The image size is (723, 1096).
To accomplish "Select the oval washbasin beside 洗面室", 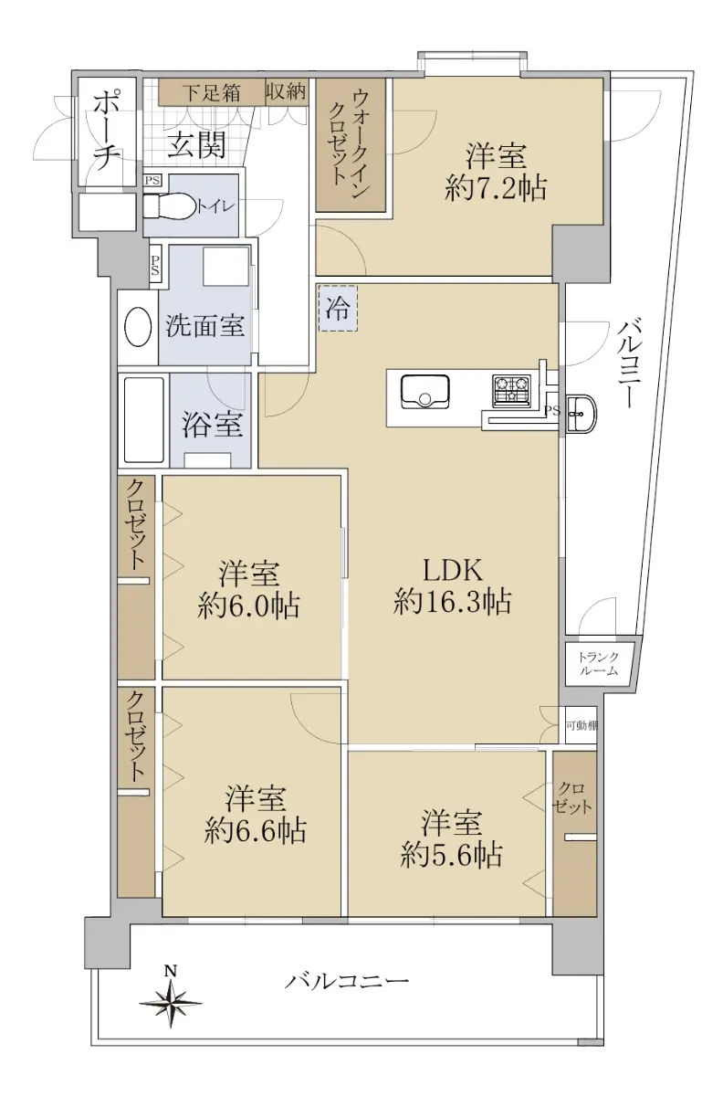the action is pos(138,327).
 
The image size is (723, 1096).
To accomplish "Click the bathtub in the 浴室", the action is pos(144,420).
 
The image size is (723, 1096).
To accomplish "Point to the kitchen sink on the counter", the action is pos(424,392).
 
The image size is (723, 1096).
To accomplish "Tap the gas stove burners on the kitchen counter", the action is pos(511,391).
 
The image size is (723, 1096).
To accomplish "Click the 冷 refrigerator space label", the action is pos(338,309).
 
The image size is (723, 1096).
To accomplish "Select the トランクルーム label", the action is pos(598,664).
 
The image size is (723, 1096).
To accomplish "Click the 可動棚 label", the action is pos(582,725).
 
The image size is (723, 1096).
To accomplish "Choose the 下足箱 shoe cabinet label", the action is pos(213,92).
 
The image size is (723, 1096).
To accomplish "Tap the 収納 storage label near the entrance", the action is pos(287,91).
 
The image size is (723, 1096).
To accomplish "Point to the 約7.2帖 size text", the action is pos(496,187).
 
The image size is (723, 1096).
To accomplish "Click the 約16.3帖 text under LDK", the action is pos(453,601).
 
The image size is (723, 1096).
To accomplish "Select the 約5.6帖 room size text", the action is pos(451,855).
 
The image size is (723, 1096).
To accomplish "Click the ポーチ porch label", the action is pos(106,132).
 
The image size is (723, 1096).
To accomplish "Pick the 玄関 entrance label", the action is pos(196,145).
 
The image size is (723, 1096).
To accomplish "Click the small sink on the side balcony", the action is pos(582,414).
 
